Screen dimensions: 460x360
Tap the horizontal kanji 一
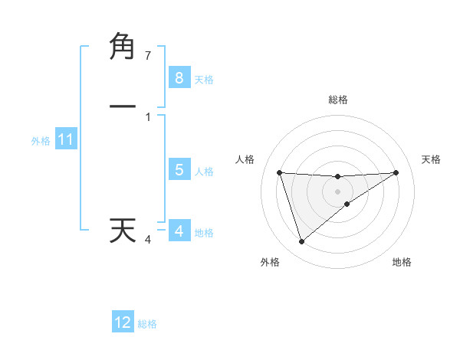(123, 106)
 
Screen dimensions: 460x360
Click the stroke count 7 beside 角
(148, 56)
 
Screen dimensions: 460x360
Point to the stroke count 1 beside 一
(148, 116)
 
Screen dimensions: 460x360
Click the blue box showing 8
(179, 78)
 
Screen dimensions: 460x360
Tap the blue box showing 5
(179, 170)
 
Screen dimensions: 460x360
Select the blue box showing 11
(65, 140)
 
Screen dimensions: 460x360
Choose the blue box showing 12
(123, 322)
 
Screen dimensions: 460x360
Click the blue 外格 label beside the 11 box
(41, 141)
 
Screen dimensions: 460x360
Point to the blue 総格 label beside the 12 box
(147, 324)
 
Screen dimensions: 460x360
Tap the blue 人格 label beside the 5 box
(204, 172)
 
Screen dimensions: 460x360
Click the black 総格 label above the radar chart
(338, 100)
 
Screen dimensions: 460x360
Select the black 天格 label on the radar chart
(431, 159)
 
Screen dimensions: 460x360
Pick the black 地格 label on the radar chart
(402, 262)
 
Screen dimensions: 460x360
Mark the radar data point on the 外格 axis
(301, 242)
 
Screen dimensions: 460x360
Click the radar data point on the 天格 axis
(396, 172)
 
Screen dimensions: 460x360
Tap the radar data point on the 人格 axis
(280, 172)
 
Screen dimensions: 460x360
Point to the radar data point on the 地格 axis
(347, 204)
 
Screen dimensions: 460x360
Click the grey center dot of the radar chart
(338, 191)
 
